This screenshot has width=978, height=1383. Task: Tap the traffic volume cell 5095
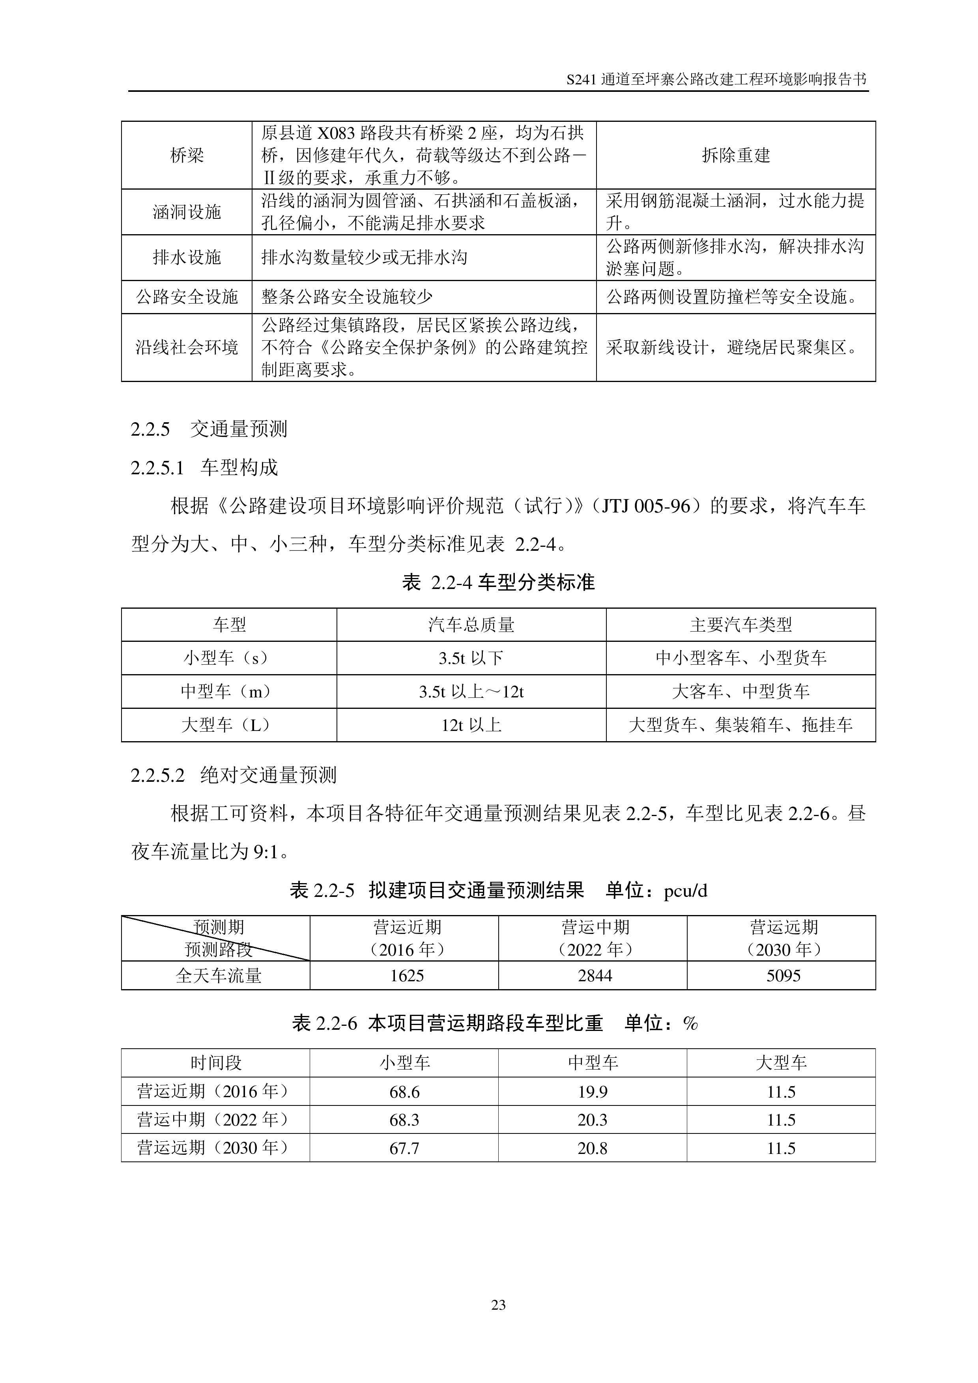783,975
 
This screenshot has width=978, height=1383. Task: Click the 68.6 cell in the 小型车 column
404,1092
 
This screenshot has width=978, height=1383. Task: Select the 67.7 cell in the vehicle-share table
404,1148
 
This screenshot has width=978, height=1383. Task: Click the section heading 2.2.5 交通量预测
209,429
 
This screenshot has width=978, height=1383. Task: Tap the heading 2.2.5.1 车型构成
204,468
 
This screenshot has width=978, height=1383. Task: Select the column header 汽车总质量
471,624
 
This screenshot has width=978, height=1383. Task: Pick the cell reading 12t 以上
471,725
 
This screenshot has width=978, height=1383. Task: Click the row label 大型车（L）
228,725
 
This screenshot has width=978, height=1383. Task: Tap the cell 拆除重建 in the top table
736,155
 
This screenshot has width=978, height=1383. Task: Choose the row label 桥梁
187,155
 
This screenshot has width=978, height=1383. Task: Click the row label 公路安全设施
187,296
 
